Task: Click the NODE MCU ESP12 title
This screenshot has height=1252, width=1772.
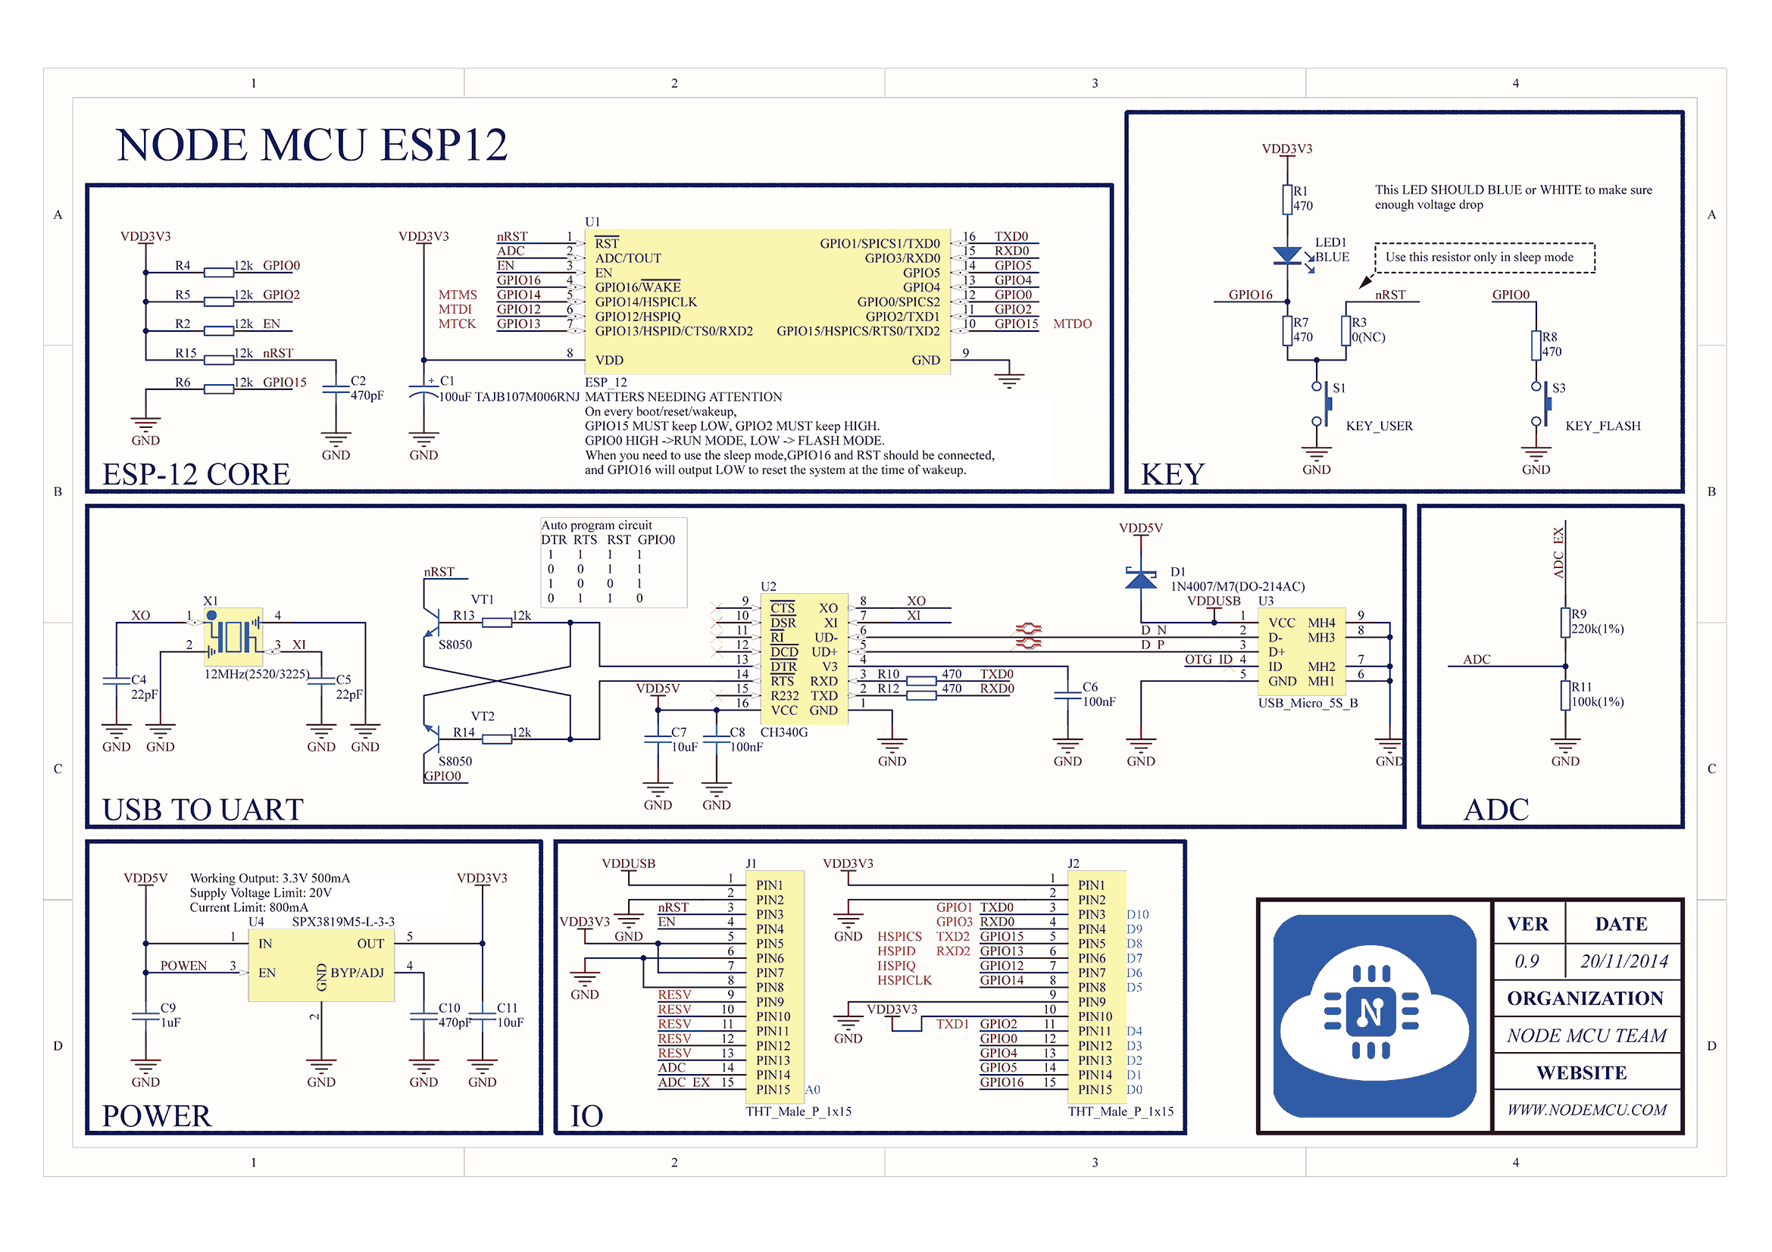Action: [x=312, y=145]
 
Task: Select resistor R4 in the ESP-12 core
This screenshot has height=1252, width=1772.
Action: [x=218, y=273]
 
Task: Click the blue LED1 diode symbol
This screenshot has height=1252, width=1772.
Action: [x=1286, y=255]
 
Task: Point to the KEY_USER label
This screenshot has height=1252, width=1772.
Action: [x=1379, y=426]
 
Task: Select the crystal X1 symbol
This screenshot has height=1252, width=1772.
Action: [x=233, y=636]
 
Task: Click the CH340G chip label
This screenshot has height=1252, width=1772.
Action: [x=783, y=732]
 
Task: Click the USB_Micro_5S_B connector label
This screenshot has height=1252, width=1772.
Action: [x=1308, y=703]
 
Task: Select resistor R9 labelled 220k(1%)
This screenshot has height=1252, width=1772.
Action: [x=1565, y=623]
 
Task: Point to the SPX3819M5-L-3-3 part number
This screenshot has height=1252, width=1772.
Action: [x=342, y=922]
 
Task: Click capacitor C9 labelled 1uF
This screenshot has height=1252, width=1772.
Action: [x=146, y=1015]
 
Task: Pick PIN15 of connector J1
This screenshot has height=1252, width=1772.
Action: [x=773, y=1089]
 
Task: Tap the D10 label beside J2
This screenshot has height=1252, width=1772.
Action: [x=1137, y=914]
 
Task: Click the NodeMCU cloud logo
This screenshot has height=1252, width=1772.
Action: [x=1374, y=1016]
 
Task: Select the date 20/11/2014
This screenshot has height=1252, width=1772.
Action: [x=1623, y=961]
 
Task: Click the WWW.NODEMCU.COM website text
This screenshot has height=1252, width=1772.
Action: [x=1587, y=1110]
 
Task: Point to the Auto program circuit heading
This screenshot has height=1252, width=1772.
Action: [x=595, y=526]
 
